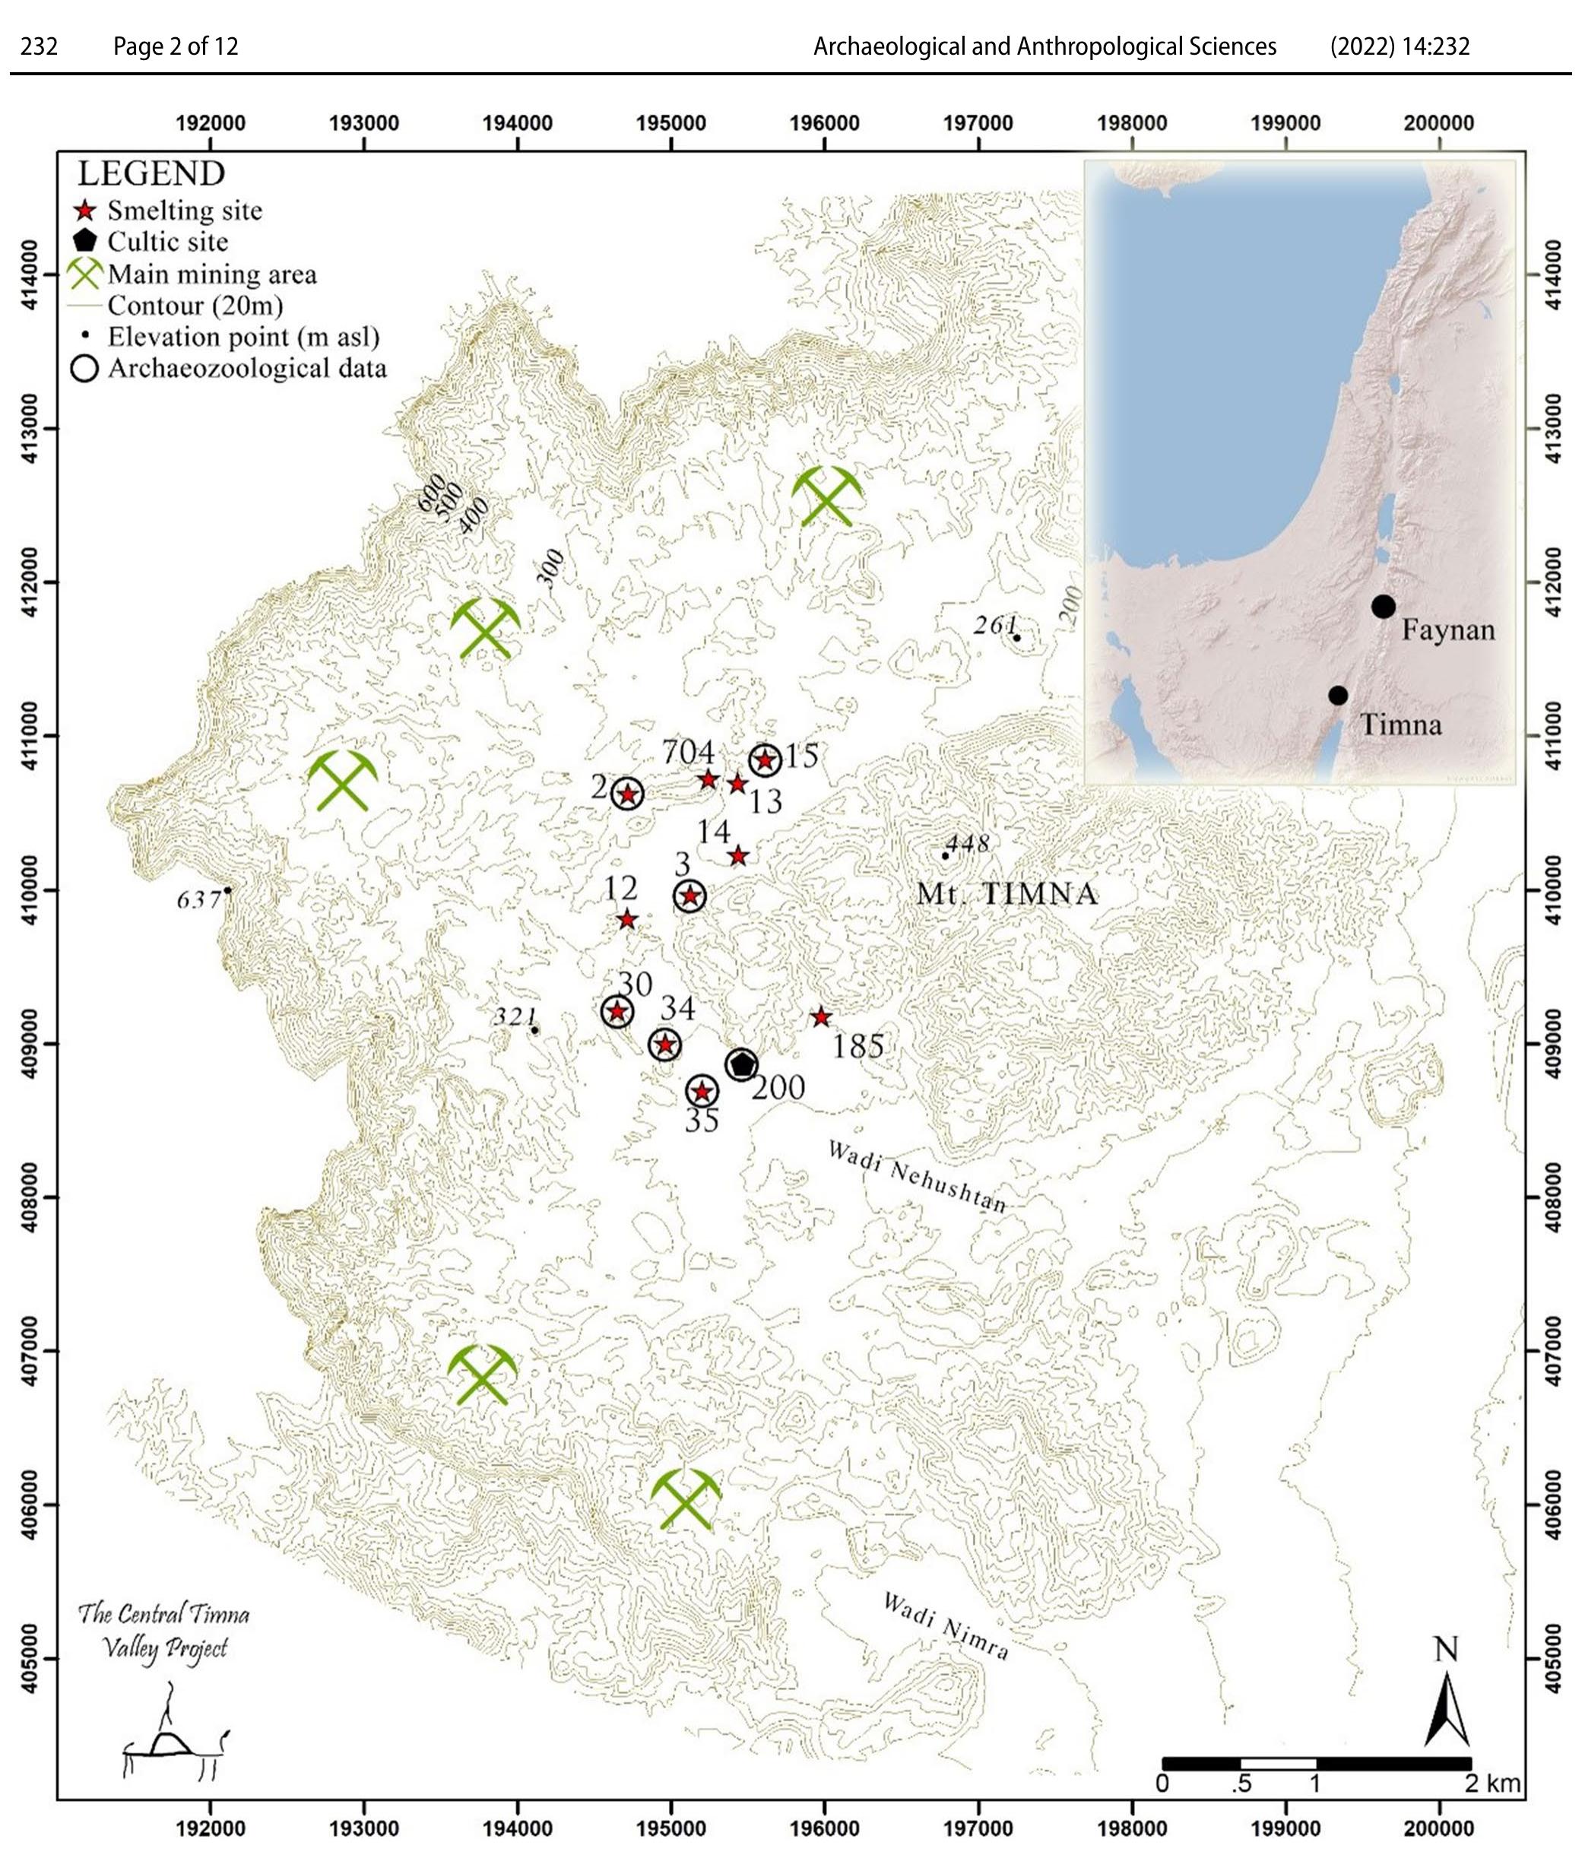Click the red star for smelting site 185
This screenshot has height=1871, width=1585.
coord(820,1017)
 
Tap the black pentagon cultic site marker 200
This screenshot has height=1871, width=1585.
coord(741,1065)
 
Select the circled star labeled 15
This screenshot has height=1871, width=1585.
coord(765,760)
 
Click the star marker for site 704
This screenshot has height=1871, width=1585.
coord(708,779)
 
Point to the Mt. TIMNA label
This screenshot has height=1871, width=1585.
coord(1006,893)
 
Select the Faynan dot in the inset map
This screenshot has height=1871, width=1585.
coord(1383,607)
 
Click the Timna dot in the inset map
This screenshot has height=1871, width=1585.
coord(1338,696)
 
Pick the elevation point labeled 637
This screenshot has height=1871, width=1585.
coord(227,890)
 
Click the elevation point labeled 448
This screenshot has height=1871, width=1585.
coord(945,855)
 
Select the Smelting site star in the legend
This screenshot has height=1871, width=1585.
coord(84,211)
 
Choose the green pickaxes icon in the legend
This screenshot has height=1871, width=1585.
coord(84,273)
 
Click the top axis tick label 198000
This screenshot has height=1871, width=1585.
coord(1131,123)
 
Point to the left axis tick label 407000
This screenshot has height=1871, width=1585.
coord(30,1351)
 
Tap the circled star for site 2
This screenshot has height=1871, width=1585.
coord(627,794)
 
